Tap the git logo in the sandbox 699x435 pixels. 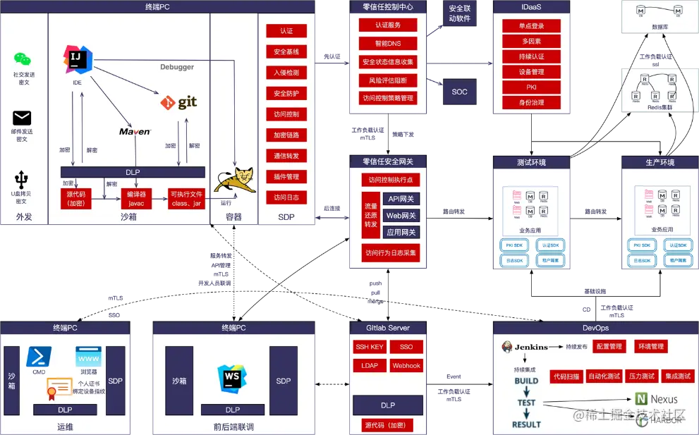pyautogui.click(x=178, y=102)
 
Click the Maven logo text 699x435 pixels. pyautogui.click(x=135, y=132)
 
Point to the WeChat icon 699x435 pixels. pyautogui.click(x=23, y=60)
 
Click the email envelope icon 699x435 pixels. pyautogui.click(x=23, y=118)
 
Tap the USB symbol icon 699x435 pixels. pyautogui.click(x=23, y=180)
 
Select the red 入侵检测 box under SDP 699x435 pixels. pyautogui.click(x=286, y=73)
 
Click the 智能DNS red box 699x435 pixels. pyautogui.click(x=387, y=43)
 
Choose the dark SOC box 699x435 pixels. pyautogui.click(x=459, y=92)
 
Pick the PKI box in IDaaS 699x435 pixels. pyautogui.click(x=531, y=87)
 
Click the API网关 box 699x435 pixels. pyautogui.click(x=401, y=200)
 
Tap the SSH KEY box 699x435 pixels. pyautogui.click(x=369, y=347)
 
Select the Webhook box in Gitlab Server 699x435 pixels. pyautogui.click(x=406, y=366)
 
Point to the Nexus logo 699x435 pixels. pyautogui.click(x=657, y=399)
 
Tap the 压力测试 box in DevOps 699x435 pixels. pyautogui.click(x=641, y=376)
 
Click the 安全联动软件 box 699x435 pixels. pyautogui.click(x=459, y=14)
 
